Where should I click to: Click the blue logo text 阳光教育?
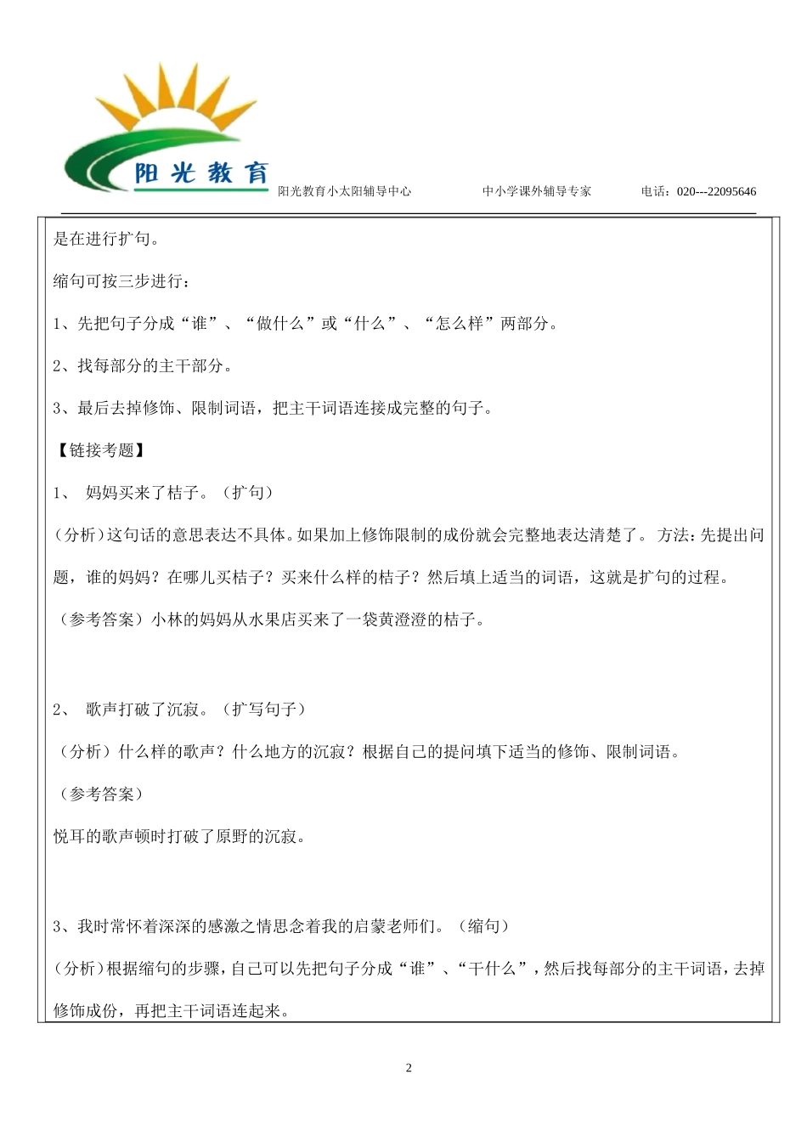coord(201,173)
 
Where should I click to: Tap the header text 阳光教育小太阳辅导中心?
coord(345,192)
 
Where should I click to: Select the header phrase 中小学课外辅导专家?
coord(537,192)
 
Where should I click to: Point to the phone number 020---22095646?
coord(716,192)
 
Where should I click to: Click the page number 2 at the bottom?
coord(409,1068)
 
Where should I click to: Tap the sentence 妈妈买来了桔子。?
coord(145,493)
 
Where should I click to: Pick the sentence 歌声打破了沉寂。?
coord(145,709)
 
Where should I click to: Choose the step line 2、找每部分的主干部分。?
coord(142,366)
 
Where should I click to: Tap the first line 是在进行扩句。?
coord(105,239)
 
